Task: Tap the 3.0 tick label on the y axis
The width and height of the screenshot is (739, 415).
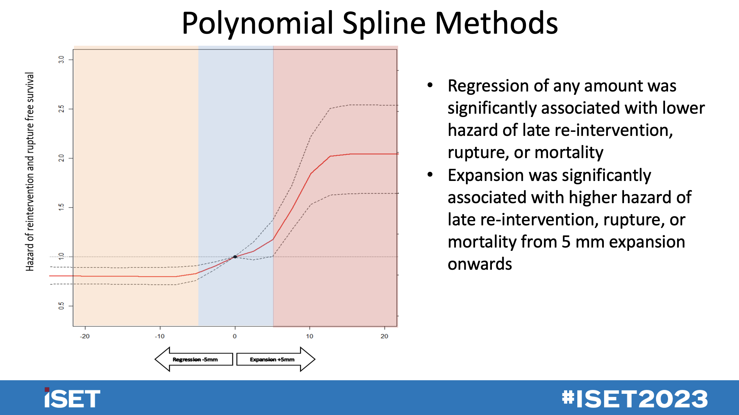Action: click(61, 60)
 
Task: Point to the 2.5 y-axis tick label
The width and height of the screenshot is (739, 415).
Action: click(61, 109)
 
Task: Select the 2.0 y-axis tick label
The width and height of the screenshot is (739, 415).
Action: click(61, 158)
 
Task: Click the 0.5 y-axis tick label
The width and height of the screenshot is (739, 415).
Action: click(61, 306)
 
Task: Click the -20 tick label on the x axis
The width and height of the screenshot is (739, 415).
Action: click(85, 336)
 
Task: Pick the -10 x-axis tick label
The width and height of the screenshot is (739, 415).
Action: click(160, 336)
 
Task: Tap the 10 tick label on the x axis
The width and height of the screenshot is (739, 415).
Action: click(309, 336)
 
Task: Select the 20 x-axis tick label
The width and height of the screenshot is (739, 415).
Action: click(384, 336)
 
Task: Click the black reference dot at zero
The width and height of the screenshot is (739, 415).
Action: click(235, 257)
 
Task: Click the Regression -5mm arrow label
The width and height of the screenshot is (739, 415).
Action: click(195, 360)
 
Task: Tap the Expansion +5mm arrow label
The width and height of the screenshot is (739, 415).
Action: click(272, 360)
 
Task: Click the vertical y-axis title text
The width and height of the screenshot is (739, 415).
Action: click(30, 172)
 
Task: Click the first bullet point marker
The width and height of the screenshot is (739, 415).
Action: click(430, 85)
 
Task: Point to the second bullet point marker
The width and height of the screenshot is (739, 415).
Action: click(430, 175)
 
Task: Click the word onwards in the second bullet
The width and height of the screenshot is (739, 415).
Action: click(480, 264)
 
